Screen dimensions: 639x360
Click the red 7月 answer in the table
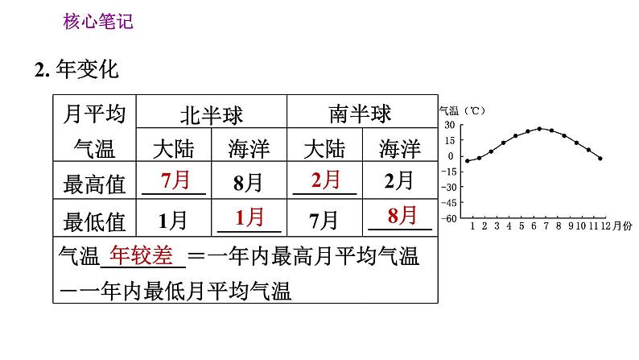point(175,180)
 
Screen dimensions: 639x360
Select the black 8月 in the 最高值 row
point(249,183)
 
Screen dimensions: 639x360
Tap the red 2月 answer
point(325,180)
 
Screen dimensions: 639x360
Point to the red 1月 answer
point(249,217)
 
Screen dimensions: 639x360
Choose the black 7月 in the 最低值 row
point(325,219)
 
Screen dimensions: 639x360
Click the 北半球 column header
point(212,114)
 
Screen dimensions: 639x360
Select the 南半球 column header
point(362,114)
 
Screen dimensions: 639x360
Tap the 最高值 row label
point(94,184)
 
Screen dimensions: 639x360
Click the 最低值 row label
point(94,220)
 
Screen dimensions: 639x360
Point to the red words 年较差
point(142,255)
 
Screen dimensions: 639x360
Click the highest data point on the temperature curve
point(539,128)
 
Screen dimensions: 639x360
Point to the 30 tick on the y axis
point(450,126)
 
